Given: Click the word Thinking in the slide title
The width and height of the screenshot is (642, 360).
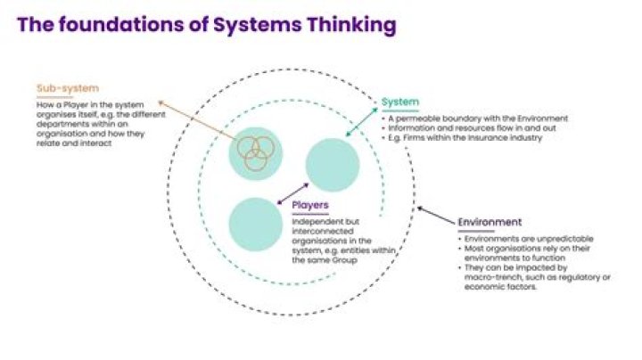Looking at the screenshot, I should tap(350, 25).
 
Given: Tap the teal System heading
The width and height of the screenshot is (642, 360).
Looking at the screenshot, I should tap(399, 102).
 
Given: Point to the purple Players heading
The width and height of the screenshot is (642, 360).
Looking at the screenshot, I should tap(310, 206).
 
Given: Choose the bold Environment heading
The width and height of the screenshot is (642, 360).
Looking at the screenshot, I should tap(490, 222).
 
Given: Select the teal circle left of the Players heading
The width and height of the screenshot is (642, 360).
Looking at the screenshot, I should tap(256, 223).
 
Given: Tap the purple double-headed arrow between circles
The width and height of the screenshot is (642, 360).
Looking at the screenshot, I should tap(293, 194).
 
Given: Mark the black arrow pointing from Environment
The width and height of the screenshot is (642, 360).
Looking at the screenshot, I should tap(434, 217).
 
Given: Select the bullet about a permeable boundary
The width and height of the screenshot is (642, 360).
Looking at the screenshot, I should tap(476, 119).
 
